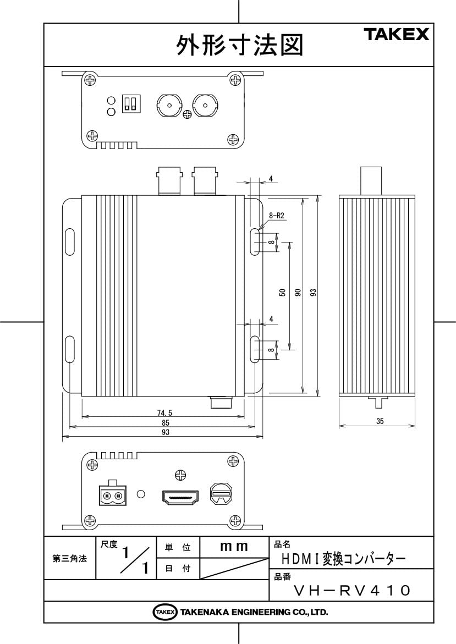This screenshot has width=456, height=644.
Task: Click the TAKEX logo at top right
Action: pos(396,35)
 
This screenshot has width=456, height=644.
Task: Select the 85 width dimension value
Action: pos(166,422)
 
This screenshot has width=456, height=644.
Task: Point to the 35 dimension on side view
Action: pos(380,421)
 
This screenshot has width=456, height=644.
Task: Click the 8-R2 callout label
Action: pos(276,216)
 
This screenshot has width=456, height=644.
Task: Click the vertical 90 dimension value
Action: pos(298,293)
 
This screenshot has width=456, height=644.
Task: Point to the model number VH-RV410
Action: pos(352,591)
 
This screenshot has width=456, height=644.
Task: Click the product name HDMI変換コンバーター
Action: pos(344,559)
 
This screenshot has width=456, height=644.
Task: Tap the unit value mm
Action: pos(234,547)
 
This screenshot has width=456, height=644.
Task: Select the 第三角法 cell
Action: pos(69,559)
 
